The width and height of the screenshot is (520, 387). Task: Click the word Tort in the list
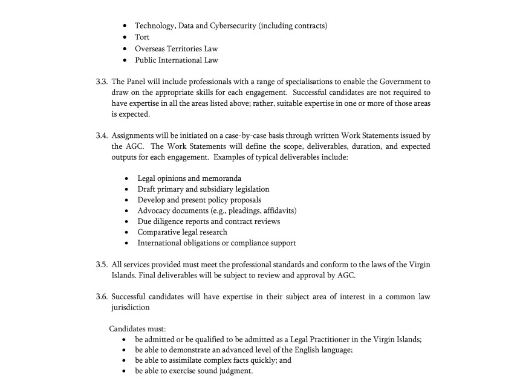coord(142,37)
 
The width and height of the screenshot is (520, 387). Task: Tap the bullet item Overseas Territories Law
coord(177,48)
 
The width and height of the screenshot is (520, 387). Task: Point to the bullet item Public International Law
coord(177,60)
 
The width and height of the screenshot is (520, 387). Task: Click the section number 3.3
coord(102,82)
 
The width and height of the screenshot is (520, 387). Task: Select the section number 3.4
coord(102,135)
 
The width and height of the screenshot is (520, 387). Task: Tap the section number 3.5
coord(102,265)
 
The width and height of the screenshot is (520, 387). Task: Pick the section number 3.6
coord(102,297)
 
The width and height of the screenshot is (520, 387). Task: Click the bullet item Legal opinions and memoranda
coord(189,178)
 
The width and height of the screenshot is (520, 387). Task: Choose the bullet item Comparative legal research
coord(182,232)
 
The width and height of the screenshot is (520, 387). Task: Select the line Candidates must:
coord(137,329)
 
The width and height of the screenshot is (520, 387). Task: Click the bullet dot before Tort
coord(124,37)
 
